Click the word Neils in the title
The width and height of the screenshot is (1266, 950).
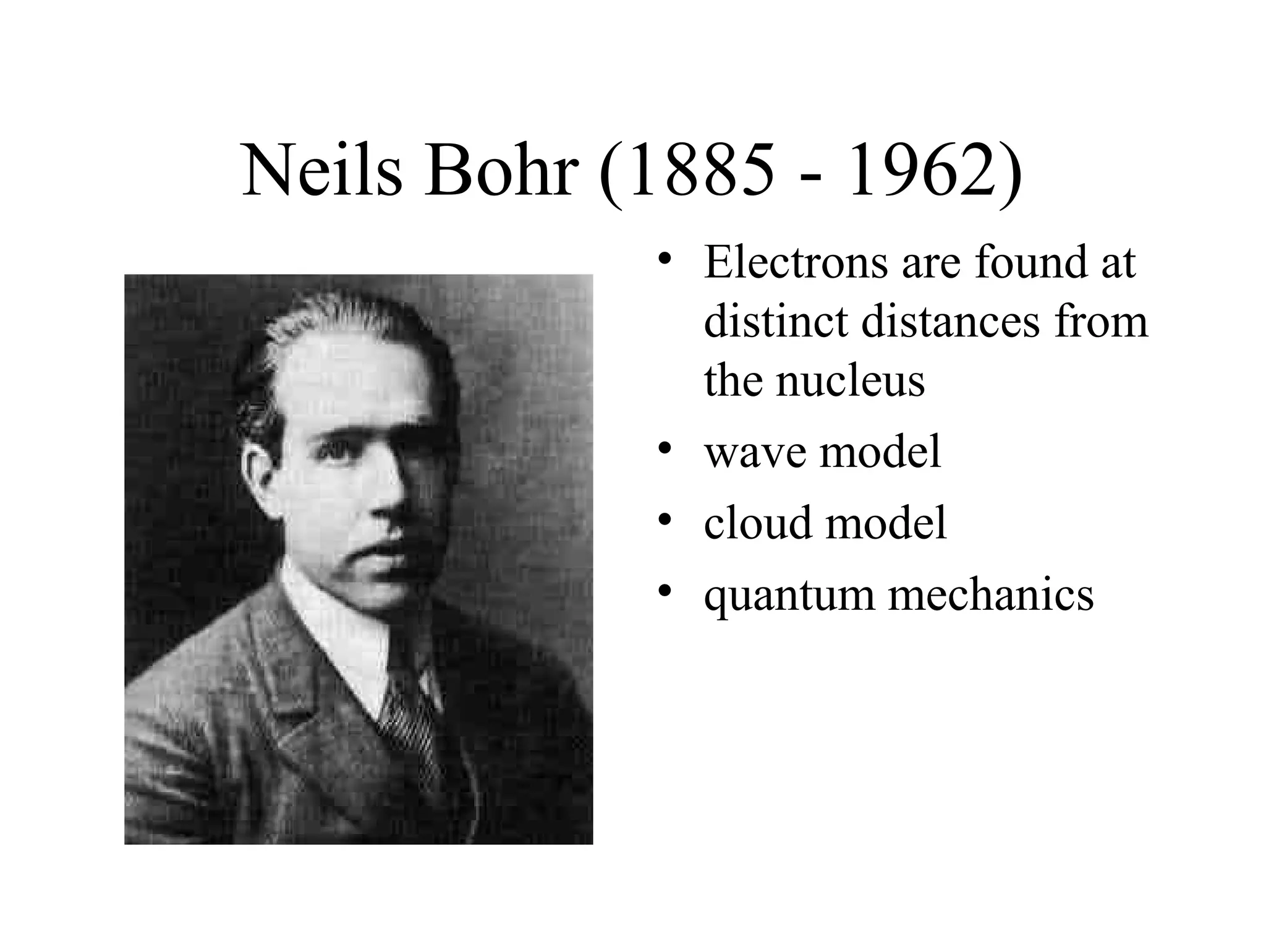[321, 171]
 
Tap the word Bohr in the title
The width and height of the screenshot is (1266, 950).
[498, 171]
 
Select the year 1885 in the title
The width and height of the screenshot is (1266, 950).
[702, 171]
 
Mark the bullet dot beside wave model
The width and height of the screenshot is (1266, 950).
[665, 448]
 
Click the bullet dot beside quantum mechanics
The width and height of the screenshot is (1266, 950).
[665, 591]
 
